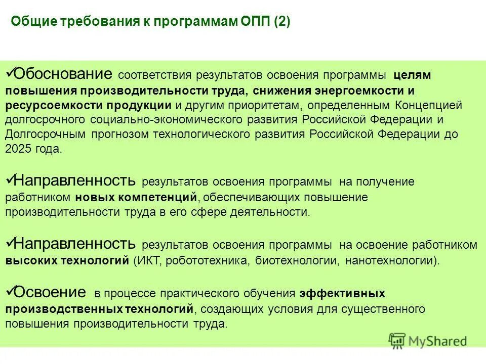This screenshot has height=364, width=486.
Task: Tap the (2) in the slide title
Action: (282, 22)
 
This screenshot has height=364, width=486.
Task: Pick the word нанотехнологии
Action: (389, 261)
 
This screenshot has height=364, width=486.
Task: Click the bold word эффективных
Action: (335, 293)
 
